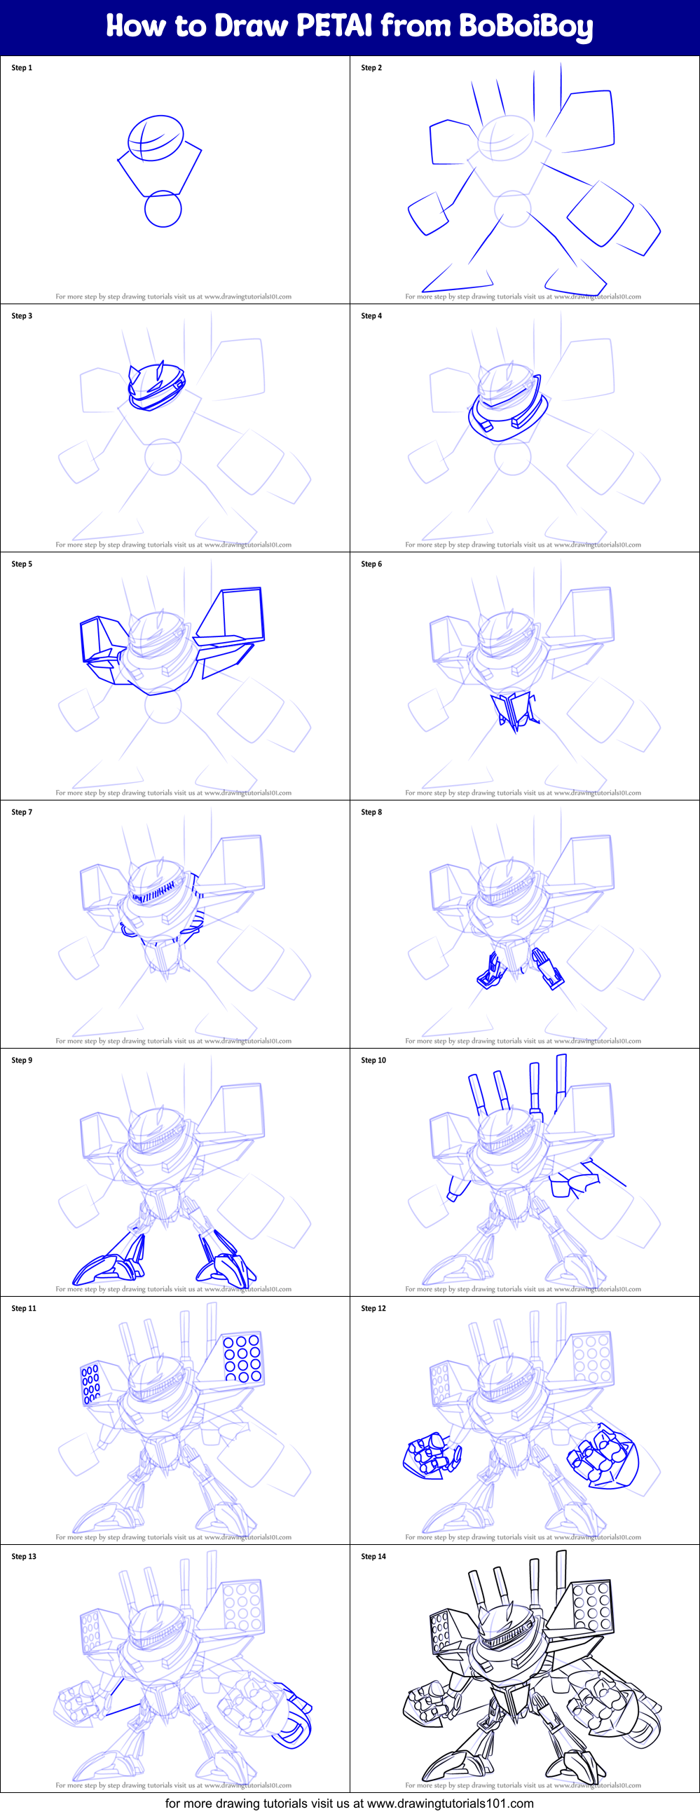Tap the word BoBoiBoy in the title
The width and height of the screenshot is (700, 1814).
(526, 27)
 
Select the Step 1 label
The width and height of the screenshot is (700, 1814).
(22, 67)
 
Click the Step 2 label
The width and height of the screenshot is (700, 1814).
(371, 67)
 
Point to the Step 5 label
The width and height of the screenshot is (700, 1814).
(22, 564)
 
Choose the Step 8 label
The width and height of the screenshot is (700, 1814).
(371, 812)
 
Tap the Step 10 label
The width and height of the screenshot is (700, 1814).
(373, 1060)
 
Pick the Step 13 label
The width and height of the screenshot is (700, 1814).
(24, 1556)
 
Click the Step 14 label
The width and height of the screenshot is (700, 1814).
(373, 1556)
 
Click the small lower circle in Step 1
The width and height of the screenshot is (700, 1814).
(163, 208)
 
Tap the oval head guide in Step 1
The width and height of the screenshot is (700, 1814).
(156, 137)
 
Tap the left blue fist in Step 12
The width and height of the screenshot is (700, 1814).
(430, 1455)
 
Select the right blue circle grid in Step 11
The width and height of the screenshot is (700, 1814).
(242, 1357)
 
